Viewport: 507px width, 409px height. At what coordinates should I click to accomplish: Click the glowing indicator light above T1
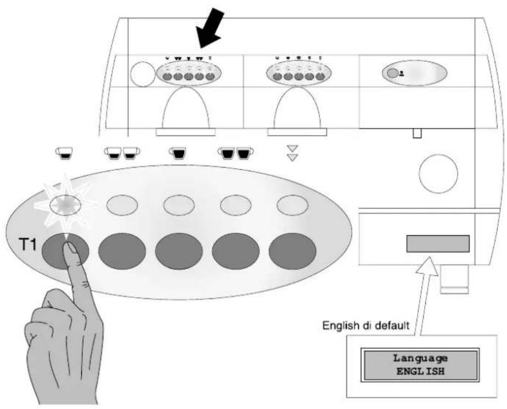(65, 205)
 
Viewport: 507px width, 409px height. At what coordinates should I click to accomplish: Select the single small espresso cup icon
(64, 153)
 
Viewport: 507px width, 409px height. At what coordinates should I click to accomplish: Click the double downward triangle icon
(292, 153)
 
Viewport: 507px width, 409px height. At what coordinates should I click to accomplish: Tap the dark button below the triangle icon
(292, 251)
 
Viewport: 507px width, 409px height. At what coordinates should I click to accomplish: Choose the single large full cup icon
(178, 153)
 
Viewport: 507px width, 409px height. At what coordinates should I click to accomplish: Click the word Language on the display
(420, 358)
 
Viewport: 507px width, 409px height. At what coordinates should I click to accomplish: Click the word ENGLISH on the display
(420, 371)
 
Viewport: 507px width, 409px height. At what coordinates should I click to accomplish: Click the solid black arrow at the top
(210, 29)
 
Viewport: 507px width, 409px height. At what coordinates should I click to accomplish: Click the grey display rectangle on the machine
(438, 244)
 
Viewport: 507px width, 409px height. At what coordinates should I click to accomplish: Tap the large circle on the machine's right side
(438, 174)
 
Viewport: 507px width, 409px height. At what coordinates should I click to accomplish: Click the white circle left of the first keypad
(143, 75)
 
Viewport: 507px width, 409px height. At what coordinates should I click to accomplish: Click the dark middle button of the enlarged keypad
(179, 251)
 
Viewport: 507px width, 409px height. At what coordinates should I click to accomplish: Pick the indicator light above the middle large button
(179, 205)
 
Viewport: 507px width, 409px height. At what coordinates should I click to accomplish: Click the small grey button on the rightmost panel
(392, 74)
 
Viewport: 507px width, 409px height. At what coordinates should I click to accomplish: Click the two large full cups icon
(235, 153)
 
